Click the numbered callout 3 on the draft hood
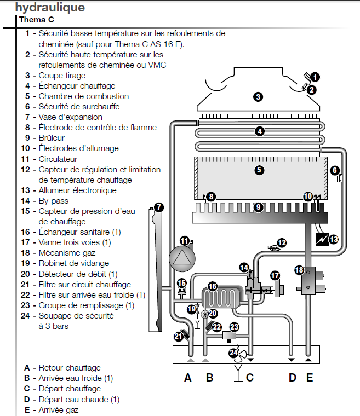(258, 97)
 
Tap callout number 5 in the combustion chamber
(259, 170)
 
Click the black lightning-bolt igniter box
(318, 240)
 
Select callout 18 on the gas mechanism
(299, 270)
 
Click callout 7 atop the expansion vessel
(159, 207)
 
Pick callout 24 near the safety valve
(233, 353)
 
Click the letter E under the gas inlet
(310, 377)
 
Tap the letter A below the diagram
(188, 377)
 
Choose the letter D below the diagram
(292, 377)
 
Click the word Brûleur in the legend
(52, 138)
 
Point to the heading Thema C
(36, 20)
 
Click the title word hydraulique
(50, 8)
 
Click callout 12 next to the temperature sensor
(282, 242)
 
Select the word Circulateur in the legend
(58, 159)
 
